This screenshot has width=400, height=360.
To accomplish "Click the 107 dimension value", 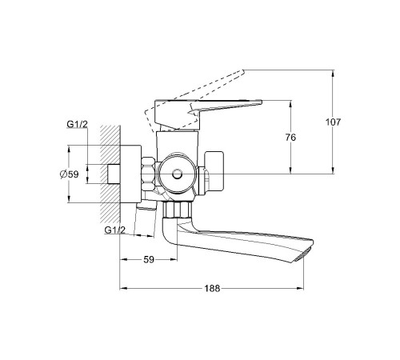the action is coord(333,122).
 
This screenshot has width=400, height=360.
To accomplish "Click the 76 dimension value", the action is coord(290,138).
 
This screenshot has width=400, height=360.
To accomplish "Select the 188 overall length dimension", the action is coord(212,288).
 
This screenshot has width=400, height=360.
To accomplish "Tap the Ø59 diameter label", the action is coord(70,174).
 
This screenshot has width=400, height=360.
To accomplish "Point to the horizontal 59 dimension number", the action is coord(149,259).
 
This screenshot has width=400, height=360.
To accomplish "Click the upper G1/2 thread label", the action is coord(77,124).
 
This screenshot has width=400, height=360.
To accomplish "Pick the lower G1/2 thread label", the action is coord(114,230).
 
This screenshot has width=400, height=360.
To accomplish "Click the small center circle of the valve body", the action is coord(177,174).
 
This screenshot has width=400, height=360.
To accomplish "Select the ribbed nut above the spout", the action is coord(177,210).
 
